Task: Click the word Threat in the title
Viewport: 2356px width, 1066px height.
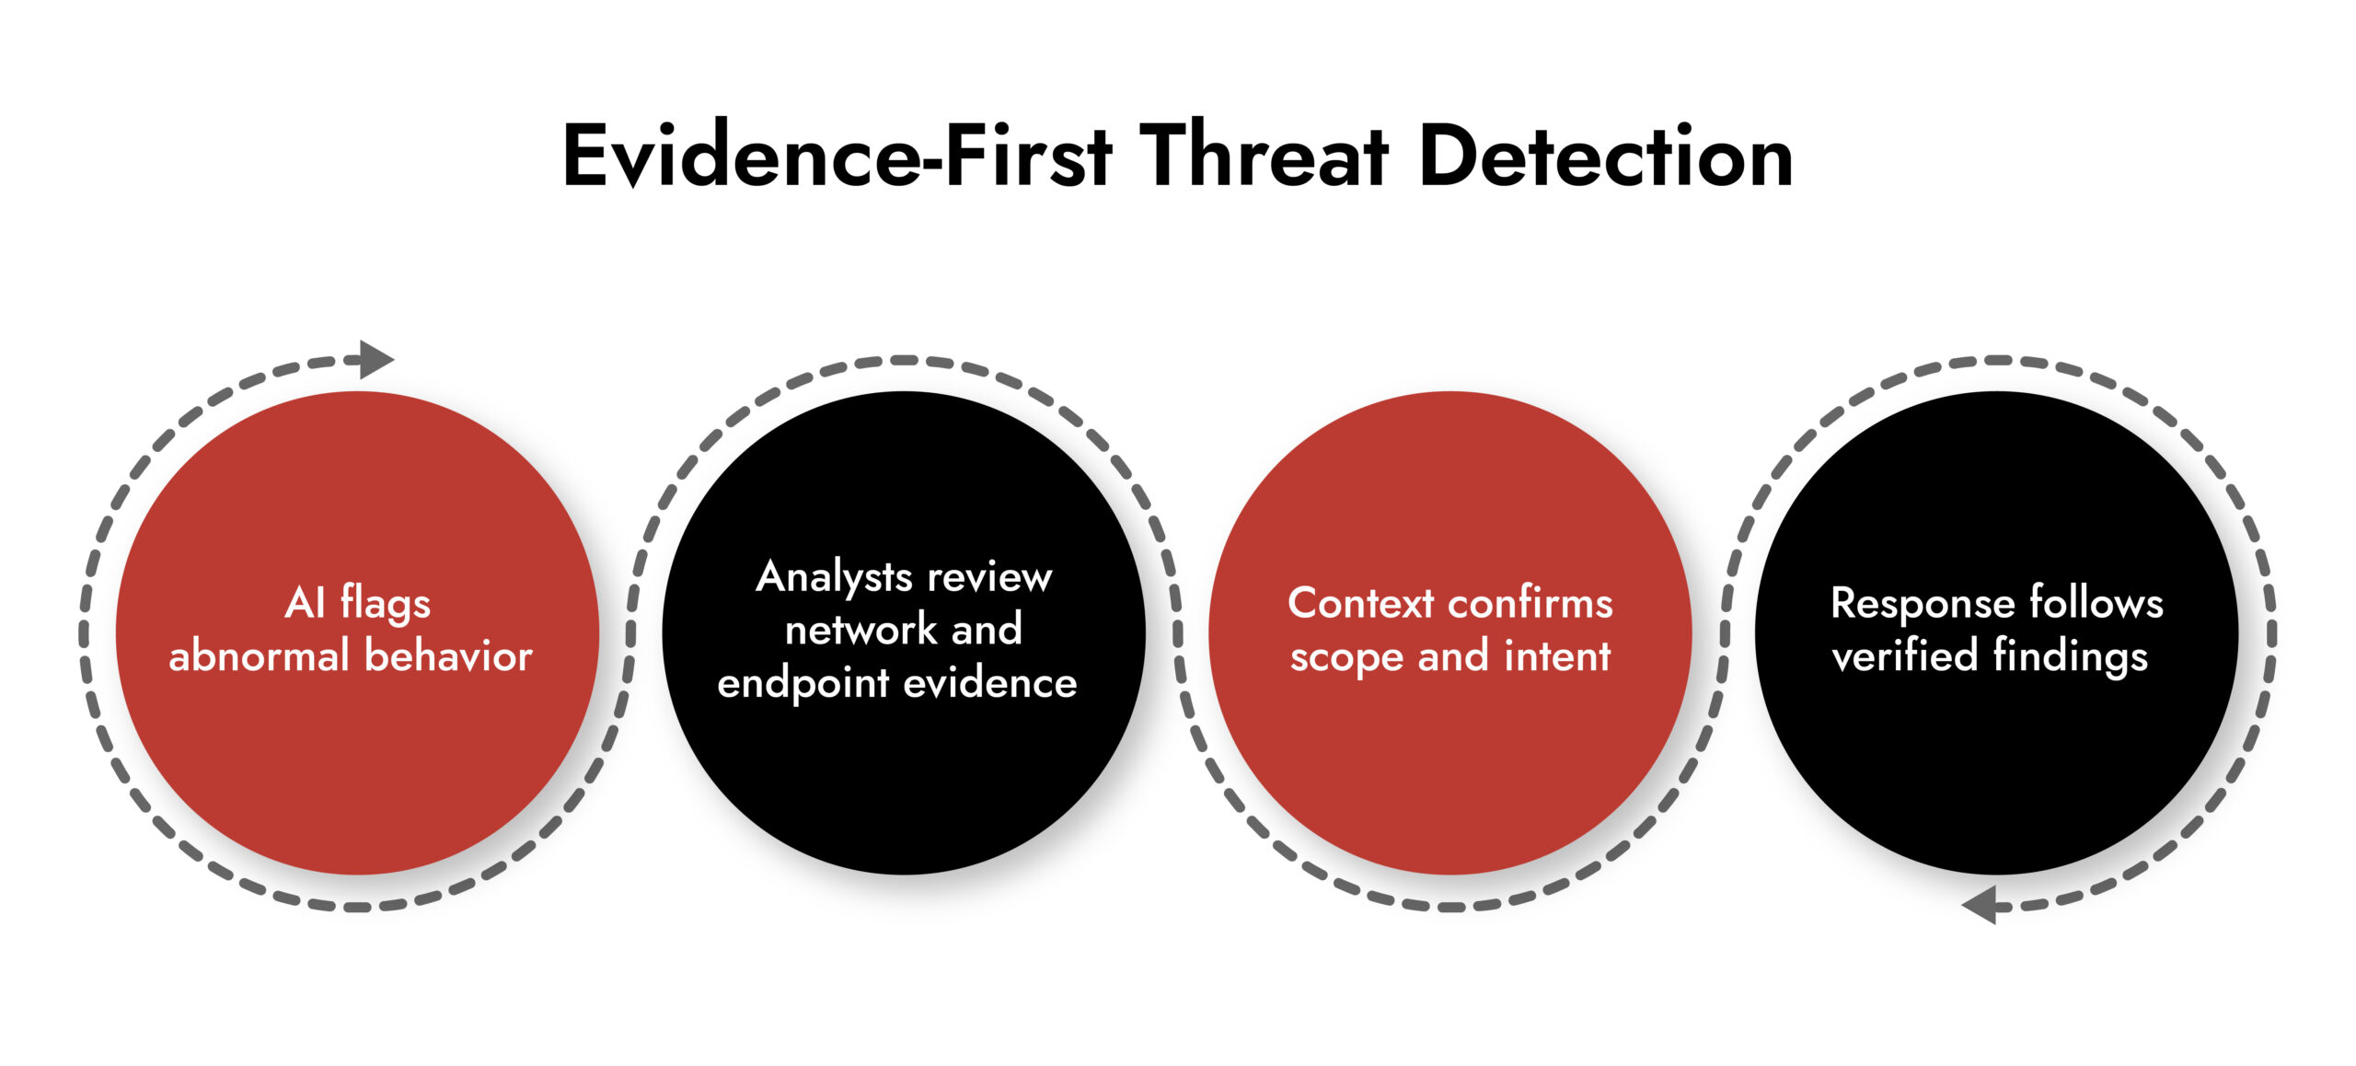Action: pyautogui.click(x=1264, y=156)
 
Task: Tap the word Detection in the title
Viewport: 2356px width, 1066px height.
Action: pyautogui.click(x=1606, y=156)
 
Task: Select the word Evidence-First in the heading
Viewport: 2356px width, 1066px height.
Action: pyautogui.click(x=837, y=156)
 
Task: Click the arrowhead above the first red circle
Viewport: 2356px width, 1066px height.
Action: pyautogui.click(x=375, y=359)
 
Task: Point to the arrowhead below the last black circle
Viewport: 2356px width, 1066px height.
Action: pyautogui.click(x=1981, y=905)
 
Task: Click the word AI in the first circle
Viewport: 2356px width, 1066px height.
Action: pyautogui.click(x=305, y=604)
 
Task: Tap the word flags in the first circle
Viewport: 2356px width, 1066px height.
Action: pyautogui.click(x=386, y=604)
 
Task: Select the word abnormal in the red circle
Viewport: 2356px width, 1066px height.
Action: pyautogui.click(x=259, y=656)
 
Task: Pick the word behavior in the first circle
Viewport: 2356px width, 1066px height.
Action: pyautogui.click(x=448, y=656)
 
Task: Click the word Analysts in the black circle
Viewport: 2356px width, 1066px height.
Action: pyautogui.click(x=834, y=578)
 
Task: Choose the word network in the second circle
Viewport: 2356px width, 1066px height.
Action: pyautogui.click(x=860, y=631)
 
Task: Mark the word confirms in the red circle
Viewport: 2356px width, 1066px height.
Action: pyautogui.click(x=1530, y=604)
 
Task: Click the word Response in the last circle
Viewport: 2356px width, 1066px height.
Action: pyautogui.click(x=1922, y=605)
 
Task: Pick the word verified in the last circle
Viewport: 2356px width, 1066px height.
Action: pyautogui.click(x=1904, y=656)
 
